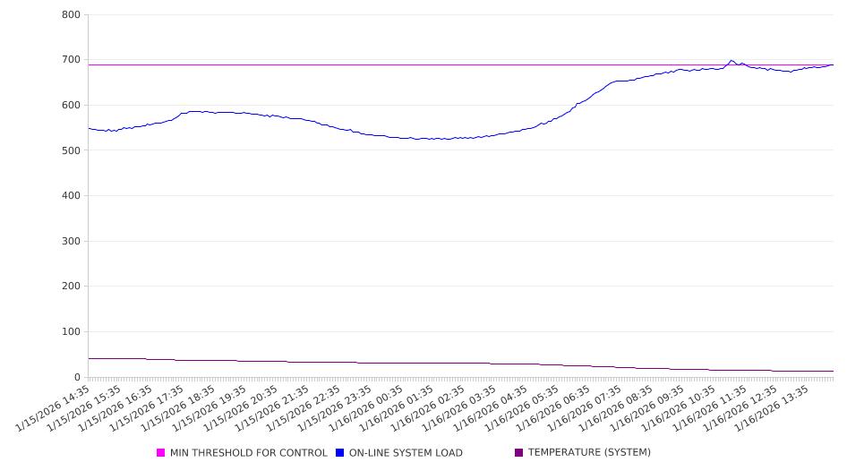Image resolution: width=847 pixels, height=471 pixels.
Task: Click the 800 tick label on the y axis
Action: [x=71, y=15]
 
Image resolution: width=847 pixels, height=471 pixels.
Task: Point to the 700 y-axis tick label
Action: [x=71, y=60]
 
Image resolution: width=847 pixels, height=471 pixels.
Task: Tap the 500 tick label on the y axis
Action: [x=71, y=150]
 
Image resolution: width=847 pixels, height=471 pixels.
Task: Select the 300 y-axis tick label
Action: [x=71, y=241]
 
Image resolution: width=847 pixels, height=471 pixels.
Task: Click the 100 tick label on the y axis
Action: [x=71, y=332]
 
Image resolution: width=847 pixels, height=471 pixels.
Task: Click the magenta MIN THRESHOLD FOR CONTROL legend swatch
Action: [x=161, y=453]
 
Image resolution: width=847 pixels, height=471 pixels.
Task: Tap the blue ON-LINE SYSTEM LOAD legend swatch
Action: [x=340, y=453]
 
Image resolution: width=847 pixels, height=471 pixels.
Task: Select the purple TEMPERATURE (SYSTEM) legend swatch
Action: [x=519, y=453]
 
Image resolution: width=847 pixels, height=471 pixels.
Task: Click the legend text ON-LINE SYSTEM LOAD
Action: [x=406, y=453]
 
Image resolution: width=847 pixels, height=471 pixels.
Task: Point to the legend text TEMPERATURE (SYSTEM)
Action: [x=589, y=453]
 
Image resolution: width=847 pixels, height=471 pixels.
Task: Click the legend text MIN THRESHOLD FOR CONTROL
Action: [x=249, y=453]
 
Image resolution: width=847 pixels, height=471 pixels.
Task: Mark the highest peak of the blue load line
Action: [x=731, y=61]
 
